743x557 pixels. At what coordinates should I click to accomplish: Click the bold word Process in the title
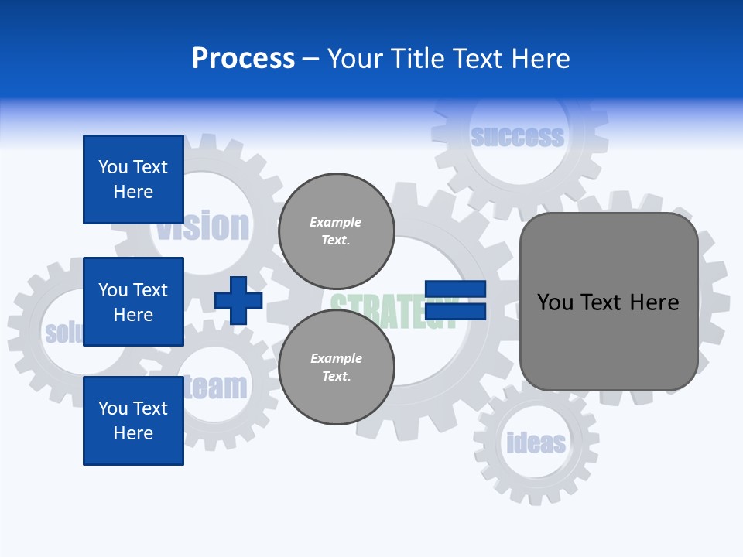pos(243,59)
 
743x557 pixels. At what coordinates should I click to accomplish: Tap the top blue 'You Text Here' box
pos(133,179)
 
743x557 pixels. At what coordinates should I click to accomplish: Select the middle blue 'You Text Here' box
pos(133,302)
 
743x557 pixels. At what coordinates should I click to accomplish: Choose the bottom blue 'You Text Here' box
pos(133,421)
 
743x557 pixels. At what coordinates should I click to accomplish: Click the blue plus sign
pos(238,300)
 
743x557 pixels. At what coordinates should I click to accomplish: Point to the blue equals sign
pos(455,300)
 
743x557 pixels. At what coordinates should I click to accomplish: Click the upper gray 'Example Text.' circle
pos(336,231)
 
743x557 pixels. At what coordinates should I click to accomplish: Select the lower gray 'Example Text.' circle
pos(336,367)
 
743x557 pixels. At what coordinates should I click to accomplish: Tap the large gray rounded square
pos(608,302)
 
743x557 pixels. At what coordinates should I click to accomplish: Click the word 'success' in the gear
pos(517,137)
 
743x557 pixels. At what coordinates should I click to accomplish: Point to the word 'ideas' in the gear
pos(536,443)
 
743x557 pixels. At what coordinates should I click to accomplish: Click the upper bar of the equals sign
pos(455,289)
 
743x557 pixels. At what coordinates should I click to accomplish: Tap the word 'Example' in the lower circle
pos(336,358)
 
